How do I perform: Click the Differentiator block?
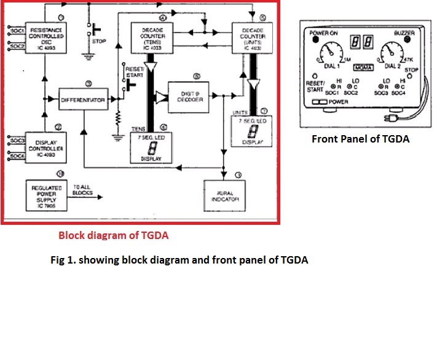point(84,99)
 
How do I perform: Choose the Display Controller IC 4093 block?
point(47,146)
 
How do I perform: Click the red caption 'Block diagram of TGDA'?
point(113,235)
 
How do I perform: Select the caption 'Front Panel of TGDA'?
point(360,139)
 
